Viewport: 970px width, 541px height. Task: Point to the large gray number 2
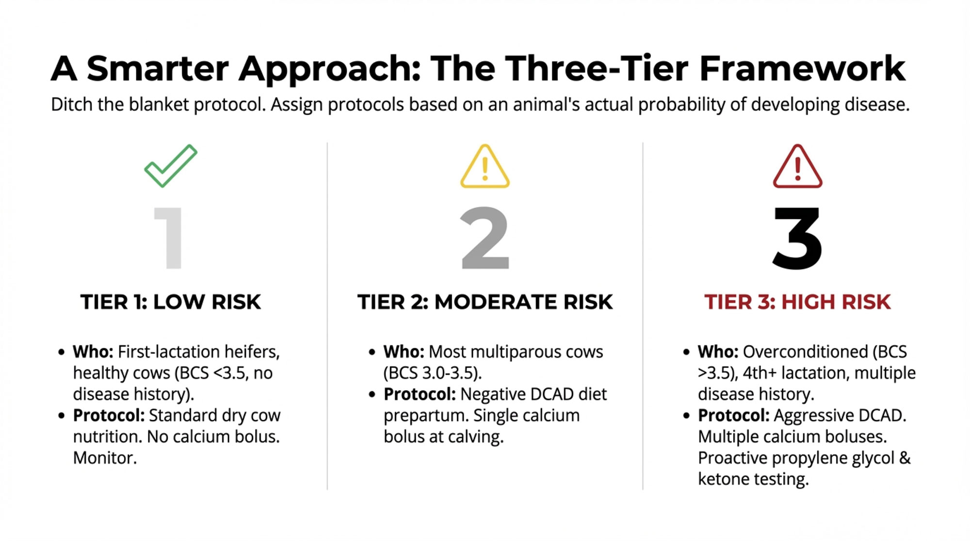(x=485, y=238)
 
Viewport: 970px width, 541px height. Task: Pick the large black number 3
(x=797, y=238)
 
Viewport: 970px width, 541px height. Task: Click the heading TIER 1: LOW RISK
(x=171, y=302)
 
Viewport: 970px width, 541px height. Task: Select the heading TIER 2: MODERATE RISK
(x=485, y=302)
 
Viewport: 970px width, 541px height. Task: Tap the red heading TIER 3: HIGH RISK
(x=798, y=302)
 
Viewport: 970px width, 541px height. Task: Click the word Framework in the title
(x=802, y=68)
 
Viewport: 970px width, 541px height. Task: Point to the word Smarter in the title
(x=157, y=68)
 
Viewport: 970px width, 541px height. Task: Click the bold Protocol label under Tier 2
(x=420, y=394)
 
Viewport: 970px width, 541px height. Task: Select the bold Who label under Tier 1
(x=93, y=351)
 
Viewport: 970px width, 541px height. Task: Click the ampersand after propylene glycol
(x=905, y=458)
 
